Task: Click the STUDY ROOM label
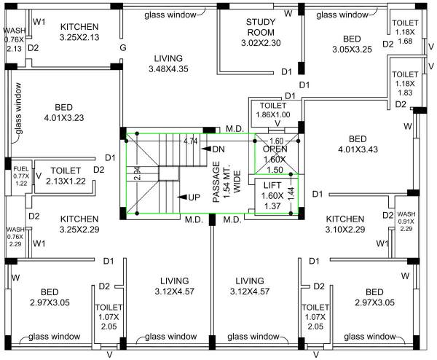[260, 27]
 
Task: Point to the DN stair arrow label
[218, 149]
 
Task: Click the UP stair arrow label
[194, 197]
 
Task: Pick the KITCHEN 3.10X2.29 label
[345, 224]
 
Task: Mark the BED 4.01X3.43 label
[358, 144]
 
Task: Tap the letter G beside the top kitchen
[123, 48]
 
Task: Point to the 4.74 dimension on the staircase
[190, 140]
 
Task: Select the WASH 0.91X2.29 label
[406, 221]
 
